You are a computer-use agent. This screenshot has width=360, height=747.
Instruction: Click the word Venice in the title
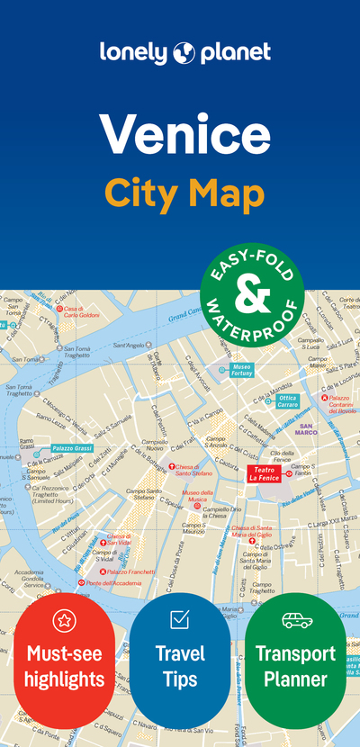click(x=184, y=134)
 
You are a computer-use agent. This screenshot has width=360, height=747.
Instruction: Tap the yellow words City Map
click(x=184, y=192)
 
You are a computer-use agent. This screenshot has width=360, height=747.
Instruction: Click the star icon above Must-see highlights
click(x=64, y=619)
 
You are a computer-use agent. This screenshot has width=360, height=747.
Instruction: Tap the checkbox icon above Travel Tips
click(x=179, y=619)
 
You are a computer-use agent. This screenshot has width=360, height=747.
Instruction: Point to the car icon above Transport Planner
click(x=296, y=619)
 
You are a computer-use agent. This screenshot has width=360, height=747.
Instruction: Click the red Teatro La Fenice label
click(x=265, y=475)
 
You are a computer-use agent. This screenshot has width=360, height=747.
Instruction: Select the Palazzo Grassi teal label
click(x=70, y=448)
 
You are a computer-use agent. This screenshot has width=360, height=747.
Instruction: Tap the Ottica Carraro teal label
click(x=287, y=400)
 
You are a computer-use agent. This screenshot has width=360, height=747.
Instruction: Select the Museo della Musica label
click(x=197, y=496)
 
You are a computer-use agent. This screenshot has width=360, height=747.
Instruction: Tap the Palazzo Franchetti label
click(x=131, y=571)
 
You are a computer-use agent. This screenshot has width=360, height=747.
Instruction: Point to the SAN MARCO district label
click(x=308, y=428)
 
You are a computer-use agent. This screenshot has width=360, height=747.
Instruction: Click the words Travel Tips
click(x=179, y=665)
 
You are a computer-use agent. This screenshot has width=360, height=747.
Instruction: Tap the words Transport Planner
click(x=296, y=665)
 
